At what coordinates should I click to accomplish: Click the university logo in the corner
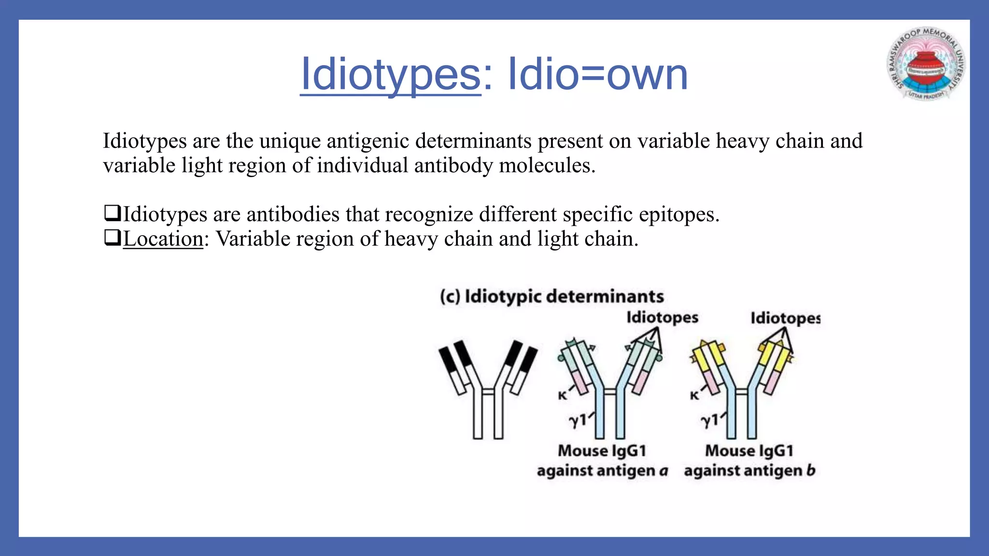click(926, 64)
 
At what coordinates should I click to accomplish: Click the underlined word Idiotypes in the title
click(390, 75)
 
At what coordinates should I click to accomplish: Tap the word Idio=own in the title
click(598, 75)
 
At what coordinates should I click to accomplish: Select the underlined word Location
click(163, 239)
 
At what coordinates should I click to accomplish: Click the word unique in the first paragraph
click(289, 141)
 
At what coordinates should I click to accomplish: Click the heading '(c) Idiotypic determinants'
click(551, 296)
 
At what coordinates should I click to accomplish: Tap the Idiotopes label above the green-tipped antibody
click(662, 318)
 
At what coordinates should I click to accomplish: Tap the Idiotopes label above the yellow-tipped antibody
click(785, 318)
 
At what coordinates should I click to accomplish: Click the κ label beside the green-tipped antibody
click(562, 396)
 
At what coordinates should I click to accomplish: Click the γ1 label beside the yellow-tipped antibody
click(709, 421)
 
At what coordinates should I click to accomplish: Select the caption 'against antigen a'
click(602, 471)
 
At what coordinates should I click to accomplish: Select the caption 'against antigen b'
click(749, 471)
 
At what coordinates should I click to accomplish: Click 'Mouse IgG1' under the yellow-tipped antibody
click(749, 451)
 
